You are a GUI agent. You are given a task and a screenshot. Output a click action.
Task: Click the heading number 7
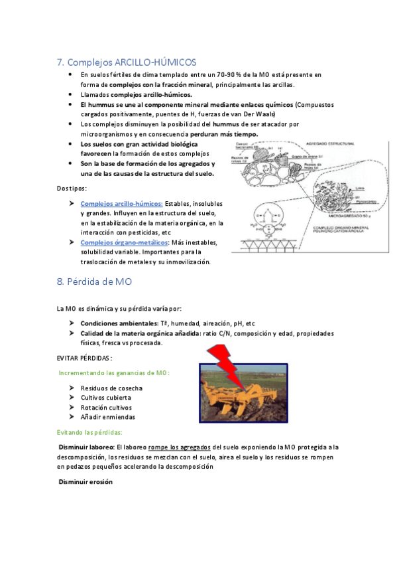(60, 62)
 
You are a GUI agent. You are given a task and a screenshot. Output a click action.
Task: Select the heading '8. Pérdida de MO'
(95, 281)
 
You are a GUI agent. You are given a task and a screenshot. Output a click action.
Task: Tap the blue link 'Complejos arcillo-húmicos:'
(121, 203)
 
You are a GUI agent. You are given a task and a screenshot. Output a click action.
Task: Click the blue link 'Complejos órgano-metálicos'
(124, 242)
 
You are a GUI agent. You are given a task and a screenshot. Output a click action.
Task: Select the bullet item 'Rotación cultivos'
(106, 407)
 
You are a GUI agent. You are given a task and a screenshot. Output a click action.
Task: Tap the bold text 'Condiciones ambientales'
(119, 323)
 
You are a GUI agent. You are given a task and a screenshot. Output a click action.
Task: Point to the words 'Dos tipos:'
(72, 189)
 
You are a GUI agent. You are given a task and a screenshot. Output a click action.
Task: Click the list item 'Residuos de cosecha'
(111, 388)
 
